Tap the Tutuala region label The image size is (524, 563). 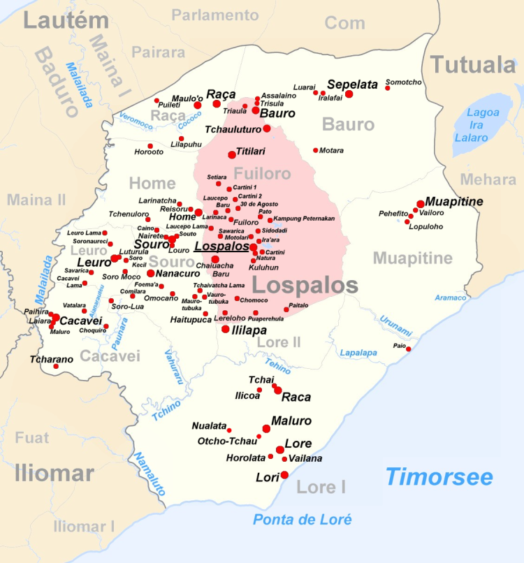coord(472,65)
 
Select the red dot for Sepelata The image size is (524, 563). coord(349,94)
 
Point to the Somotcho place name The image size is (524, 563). coord(404,82)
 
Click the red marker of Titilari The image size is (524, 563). coord(232,154)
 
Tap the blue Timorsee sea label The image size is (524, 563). coord(439,477)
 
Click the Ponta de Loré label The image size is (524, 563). coord(302,520)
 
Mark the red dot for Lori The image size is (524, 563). coord(284,475)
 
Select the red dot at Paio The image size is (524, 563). coord(409,349)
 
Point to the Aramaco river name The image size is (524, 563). coord(450,298)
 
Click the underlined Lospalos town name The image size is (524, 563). coord(221,247)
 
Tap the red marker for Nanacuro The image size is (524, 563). coord(150,273)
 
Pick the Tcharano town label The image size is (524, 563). coord(51,360)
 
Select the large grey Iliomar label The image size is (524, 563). coord(54,474)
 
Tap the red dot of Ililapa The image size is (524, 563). coord(225,328)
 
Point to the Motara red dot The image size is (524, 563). coord(316,150)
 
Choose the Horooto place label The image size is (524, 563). coord(149,152)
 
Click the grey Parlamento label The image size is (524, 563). coord(215,15)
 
